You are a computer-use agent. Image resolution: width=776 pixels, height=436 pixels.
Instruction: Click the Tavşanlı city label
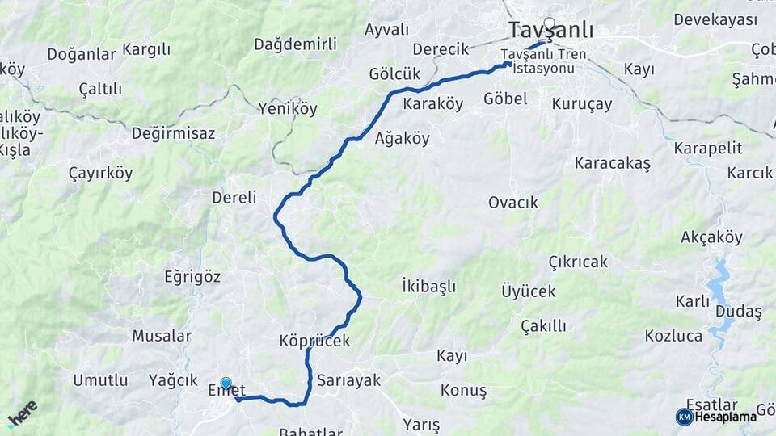point(551,31)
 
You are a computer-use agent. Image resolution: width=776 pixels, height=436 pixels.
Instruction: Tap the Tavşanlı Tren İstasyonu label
point(538,61)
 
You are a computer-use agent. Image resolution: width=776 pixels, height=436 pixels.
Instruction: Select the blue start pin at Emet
point(226,384)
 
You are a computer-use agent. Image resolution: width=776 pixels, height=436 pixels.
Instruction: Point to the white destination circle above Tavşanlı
point(550,23)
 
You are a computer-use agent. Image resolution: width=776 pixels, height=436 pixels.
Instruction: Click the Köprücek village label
point(314,341)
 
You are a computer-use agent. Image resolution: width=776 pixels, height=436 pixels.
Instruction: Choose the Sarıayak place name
point(348,379)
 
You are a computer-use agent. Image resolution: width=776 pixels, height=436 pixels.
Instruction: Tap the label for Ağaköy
point(403,138)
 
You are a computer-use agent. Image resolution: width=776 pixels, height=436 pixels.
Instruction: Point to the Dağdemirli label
point(295,44)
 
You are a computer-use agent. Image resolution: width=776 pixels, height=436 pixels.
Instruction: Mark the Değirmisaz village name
point(173,133)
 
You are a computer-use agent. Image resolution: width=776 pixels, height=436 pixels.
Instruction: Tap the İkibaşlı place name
point(428,286)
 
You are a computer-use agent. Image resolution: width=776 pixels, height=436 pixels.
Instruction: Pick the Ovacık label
point(512,202)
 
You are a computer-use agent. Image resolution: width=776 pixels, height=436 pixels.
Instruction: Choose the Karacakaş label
point(612,163)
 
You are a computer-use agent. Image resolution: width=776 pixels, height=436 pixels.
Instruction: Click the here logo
point(22,413)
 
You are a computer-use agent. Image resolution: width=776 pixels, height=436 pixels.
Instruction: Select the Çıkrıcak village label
point(578,262)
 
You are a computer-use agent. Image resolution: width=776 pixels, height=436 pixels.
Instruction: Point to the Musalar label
point(162,335)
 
